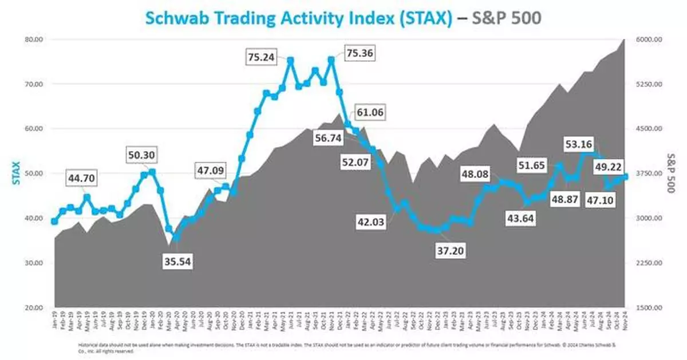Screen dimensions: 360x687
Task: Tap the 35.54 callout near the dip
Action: click(177, 262)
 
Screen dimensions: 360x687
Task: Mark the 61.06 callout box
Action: click(370, 112)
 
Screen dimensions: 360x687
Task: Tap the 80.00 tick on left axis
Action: click(35, 39)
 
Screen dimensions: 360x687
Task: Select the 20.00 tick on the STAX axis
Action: click(35, 308)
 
